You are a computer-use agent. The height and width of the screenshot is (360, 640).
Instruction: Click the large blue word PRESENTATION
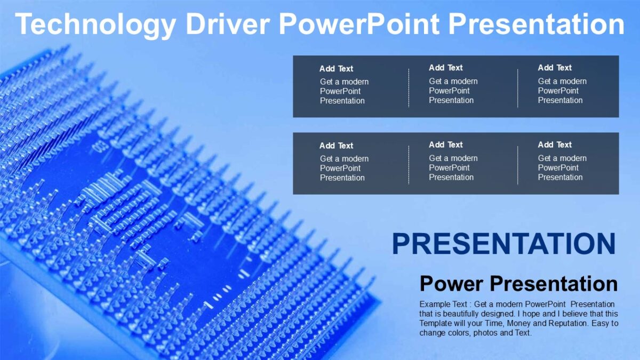pyautogui.click(x=503, y=244)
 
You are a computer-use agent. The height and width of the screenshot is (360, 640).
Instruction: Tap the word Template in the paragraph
pyautogui.click(x=436, y=323)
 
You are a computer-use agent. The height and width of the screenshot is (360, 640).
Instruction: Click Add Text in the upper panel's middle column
pyautogui.click(x=445, y=68)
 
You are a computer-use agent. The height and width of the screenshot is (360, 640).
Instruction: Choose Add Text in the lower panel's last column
pyautogui.click(x=555, y=145)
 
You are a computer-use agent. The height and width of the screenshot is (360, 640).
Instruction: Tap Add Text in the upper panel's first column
pyautogui.click(x=336, y=69)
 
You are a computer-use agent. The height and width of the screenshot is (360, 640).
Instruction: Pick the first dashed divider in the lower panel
pyautogui.click(x=409, y=165)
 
